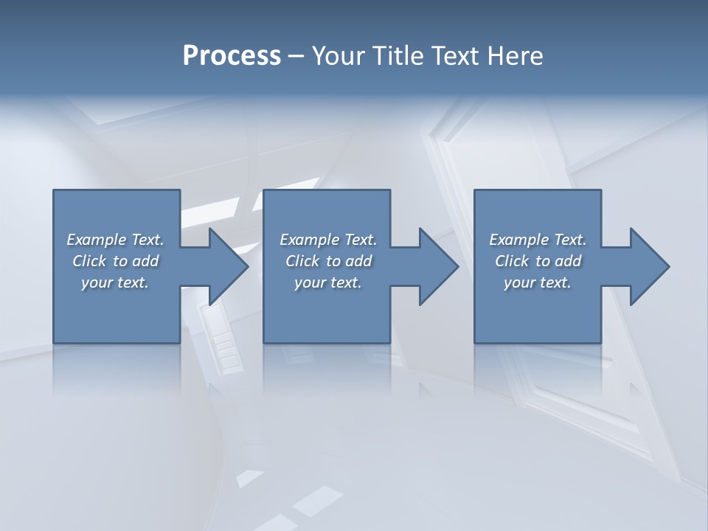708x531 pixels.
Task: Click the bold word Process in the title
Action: click(x=232, y=55)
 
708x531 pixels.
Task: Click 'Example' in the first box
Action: click(x=97, y=240)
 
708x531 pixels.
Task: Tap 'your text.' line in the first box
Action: click(x=115, y=282)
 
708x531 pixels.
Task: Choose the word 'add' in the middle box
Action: click(x=358, y=261)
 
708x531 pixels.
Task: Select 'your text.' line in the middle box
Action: click(x=327, y=282)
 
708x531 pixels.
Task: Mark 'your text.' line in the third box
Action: click(x=537, y=282)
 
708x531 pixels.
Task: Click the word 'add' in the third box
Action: click(x=568, y=261)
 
